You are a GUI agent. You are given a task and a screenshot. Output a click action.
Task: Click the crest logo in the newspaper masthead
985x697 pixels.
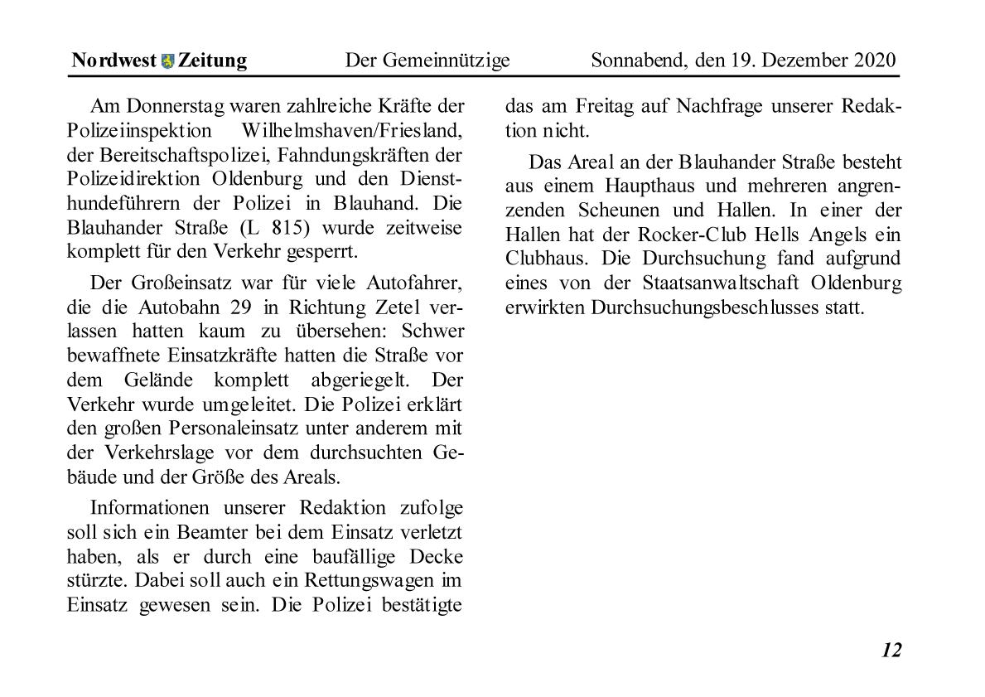(x=168, y=61)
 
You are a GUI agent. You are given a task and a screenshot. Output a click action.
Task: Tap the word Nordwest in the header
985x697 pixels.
(x=114, y=61)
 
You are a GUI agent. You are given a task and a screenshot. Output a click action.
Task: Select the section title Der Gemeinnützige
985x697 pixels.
(x=427, y=61)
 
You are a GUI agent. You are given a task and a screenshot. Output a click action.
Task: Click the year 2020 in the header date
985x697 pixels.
(x=874, y=61)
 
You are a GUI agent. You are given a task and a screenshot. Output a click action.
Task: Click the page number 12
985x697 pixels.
(x=891, y=650)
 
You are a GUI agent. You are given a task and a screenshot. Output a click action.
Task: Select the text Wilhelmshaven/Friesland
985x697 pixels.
(x=352, y=130)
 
